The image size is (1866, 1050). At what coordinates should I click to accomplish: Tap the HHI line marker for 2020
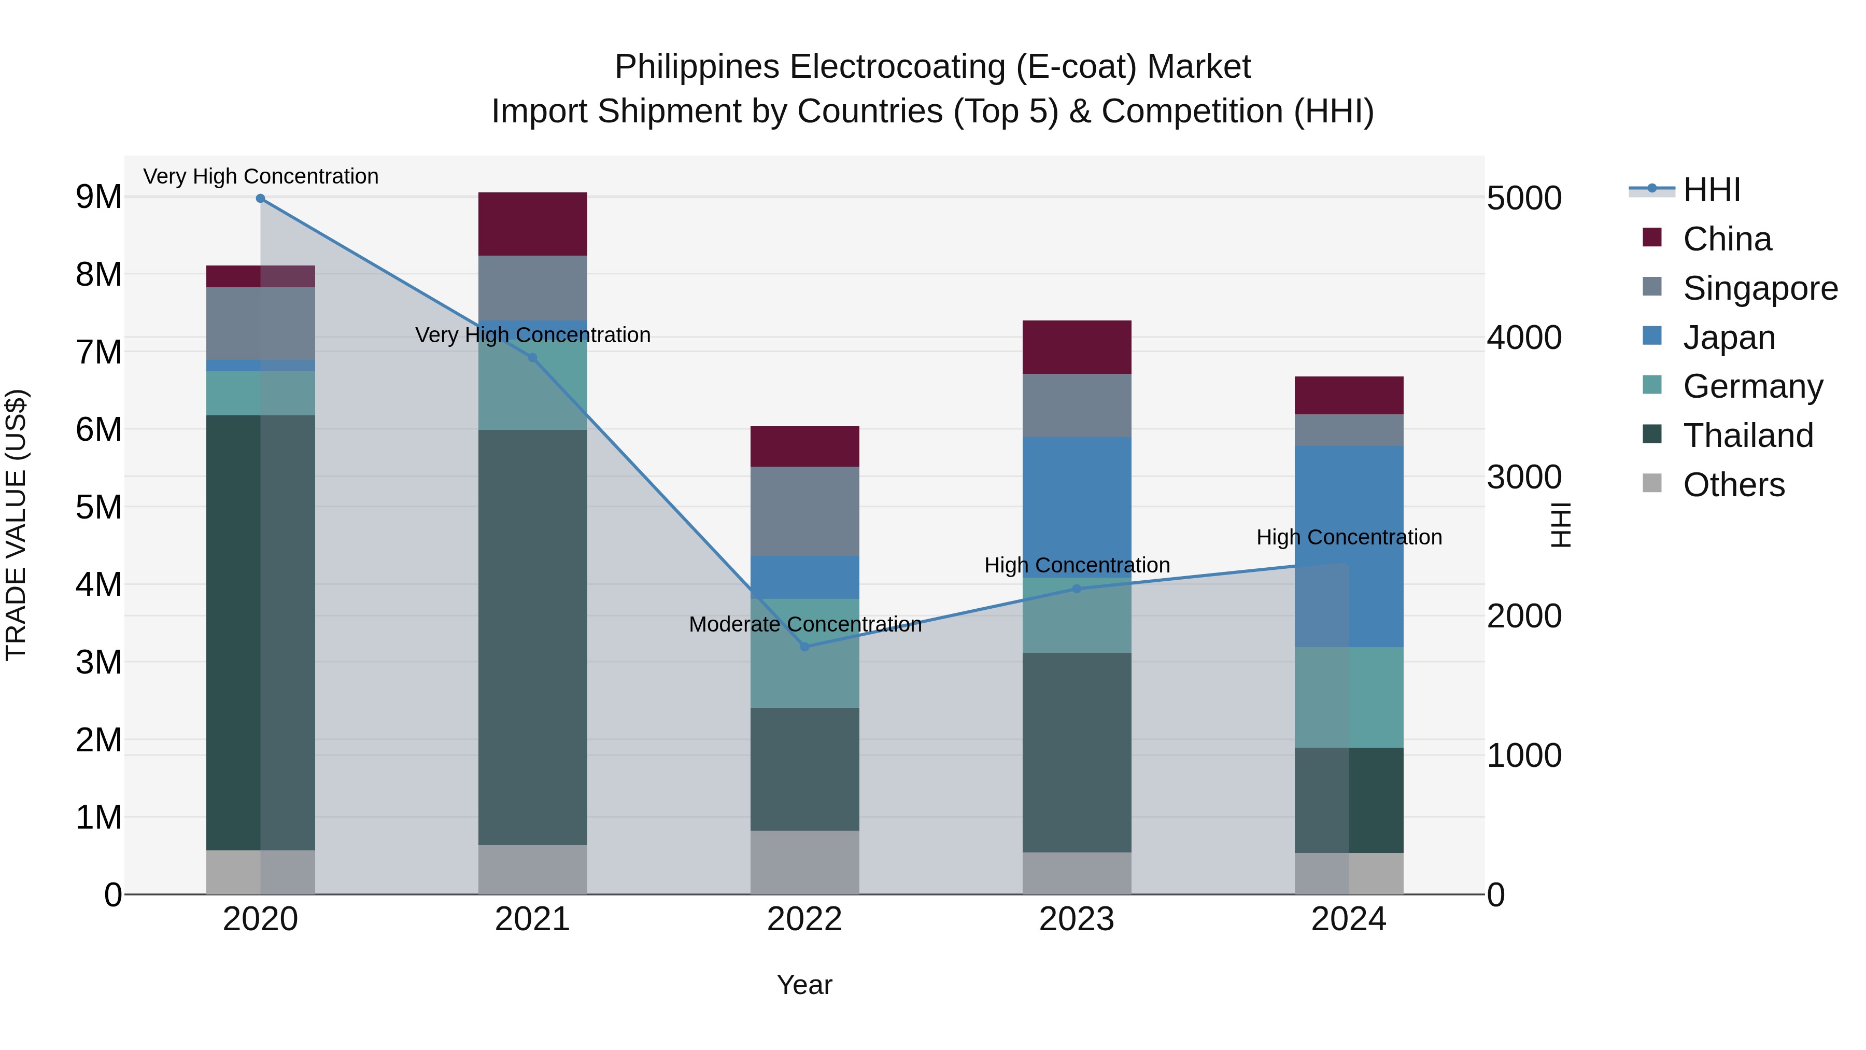(x=260, y=198)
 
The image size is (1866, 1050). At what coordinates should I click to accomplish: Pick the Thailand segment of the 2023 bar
(x=1077, y=752)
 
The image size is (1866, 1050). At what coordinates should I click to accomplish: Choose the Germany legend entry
(x=1752, y=386)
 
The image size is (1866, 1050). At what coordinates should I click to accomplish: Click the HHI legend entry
(x=1711, y=190)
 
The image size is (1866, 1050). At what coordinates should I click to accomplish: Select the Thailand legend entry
(x=1747, y=436)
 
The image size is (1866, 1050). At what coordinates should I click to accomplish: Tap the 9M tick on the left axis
(x=98, y=197)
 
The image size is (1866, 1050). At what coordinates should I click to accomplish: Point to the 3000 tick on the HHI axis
(x=1524, y=477)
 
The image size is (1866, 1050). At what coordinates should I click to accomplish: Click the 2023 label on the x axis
(x=1077, y=919)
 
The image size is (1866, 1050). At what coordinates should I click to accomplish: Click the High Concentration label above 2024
(x=1349, y=537)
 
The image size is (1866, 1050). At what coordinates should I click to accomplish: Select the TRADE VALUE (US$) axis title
(x=16, y=525)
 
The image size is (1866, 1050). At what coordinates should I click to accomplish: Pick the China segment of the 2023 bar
(x=1077, y=347)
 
